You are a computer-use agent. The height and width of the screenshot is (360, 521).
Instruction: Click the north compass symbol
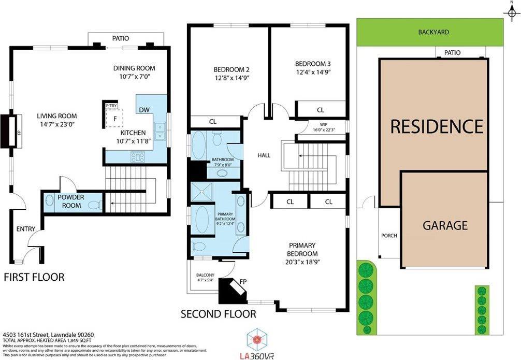511,9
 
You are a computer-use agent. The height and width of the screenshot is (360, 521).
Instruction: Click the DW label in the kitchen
144,109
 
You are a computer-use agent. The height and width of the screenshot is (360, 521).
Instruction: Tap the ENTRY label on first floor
25,229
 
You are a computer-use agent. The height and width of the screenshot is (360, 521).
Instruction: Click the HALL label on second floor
264,155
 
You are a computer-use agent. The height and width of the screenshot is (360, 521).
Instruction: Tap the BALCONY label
201,275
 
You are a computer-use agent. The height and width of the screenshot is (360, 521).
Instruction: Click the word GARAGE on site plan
445,225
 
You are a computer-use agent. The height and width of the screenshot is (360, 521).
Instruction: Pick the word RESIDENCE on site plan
436,126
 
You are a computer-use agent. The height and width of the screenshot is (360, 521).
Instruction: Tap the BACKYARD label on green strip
433,32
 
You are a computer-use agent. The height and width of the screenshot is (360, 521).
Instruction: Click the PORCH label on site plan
389,236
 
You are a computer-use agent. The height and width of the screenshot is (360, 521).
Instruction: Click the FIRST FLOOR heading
34,278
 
